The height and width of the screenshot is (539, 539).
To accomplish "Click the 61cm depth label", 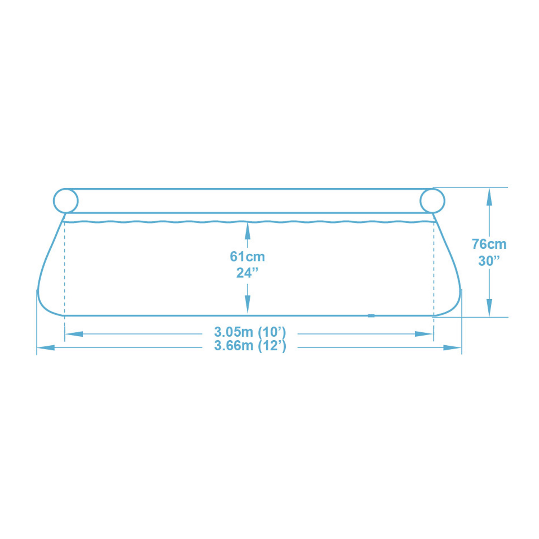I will point(247,257).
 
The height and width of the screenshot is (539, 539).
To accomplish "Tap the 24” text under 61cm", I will point(247,273).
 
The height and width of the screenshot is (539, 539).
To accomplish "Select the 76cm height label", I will point(489,244).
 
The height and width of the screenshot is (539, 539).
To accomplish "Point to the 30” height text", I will point(489,261).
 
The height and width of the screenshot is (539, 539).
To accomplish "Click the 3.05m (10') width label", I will point(250,332).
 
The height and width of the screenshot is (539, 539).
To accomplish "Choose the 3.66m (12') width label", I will point(250,346).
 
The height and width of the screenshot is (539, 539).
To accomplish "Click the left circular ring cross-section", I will point(66,201).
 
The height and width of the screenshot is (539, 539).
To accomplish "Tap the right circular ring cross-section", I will point(432,201).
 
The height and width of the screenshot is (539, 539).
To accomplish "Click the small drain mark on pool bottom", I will point(371,316).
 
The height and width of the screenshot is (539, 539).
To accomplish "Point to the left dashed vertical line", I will point(65,269).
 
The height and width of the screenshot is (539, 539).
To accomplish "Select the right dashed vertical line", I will point(434,269).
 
